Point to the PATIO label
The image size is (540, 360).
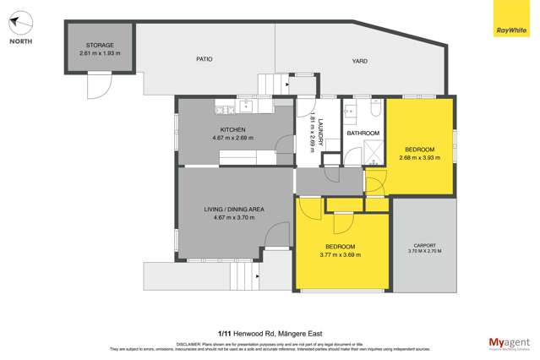[x=205, y=59]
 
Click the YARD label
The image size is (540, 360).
[x=359, y=61]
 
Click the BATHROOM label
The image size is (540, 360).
[x=363, y=134]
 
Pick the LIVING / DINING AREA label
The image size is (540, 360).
[x=234, y=209]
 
